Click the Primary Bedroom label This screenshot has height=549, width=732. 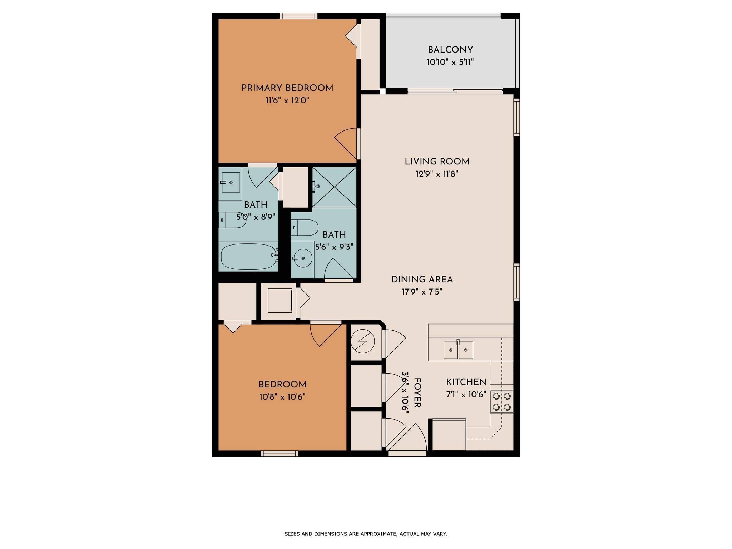(x=287, y=88)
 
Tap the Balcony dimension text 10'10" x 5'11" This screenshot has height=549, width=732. (x=450, y=62)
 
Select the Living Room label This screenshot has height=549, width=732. (x=437, y=162)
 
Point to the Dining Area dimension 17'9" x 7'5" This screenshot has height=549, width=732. (x=422, y=292)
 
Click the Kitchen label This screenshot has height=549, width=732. (x=466, y=382)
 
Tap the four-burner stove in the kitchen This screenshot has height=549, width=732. (x=502, y=402)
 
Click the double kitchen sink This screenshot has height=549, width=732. (x=458, y=350)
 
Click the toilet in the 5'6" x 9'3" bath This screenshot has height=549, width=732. (x=304, y=228)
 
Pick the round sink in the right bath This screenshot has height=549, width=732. (x=302, y=258)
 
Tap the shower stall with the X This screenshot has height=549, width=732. (x=334, y=187)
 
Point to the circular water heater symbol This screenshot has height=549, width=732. (x=362, y=341)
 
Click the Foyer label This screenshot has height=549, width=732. (x=417, y=392)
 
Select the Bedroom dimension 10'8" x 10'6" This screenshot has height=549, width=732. (x=282, y=397)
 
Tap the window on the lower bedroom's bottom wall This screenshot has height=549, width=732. (x=279, y=454)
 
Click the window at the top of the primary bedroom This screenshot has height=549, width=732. (x=299, y=16)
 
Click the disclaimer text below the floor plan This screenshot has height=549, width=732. (x=366, y=534)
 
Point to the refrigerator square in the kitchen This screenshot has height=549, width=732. (x=449, y=435)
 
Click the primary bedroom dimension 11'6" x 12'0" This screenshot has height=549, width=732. (x=287, y=100)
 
